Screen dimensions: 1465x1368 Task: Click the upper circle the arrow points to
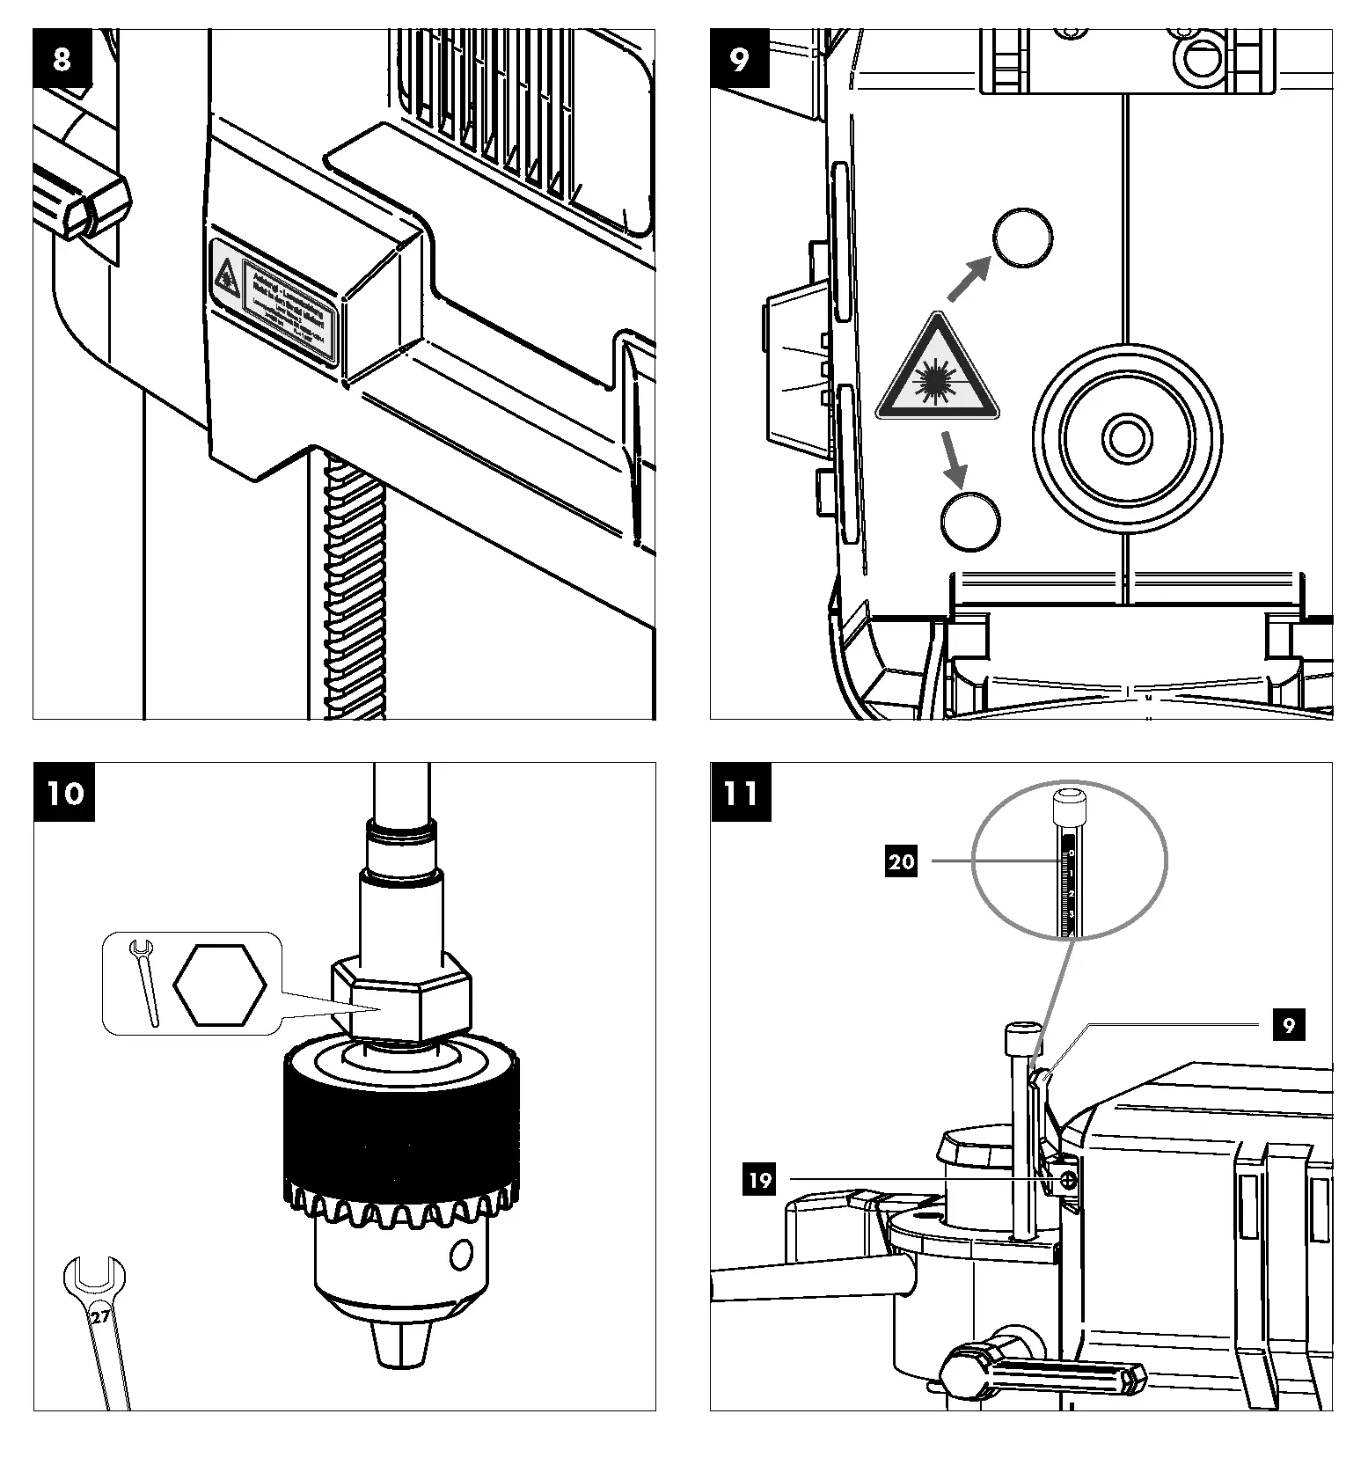(x=1021, y=238)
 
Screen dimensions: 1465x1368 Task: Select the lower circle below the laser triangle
(x=970, y=521)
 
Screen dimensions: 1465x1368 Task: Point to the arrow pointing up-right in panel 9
(x=969, y=279)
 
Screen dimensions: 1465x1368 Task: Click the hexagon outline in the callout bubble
(x=219, y=985)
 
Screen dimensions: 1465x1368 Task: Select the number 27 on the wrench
(x=99, y=1317)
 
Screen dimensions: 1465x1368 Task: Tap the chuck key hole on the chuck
(x=460, y=1255)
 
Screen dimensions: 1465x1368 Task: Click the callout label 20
(x=901, y=861)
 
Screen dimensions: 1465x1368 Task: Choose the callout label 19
(x=759, y=1179)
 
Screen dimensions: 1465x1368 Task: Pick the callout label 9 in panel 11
(x=1288, y=1025)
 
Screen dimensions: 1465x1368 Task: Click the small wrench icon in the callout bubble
(x=145, y=981)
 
